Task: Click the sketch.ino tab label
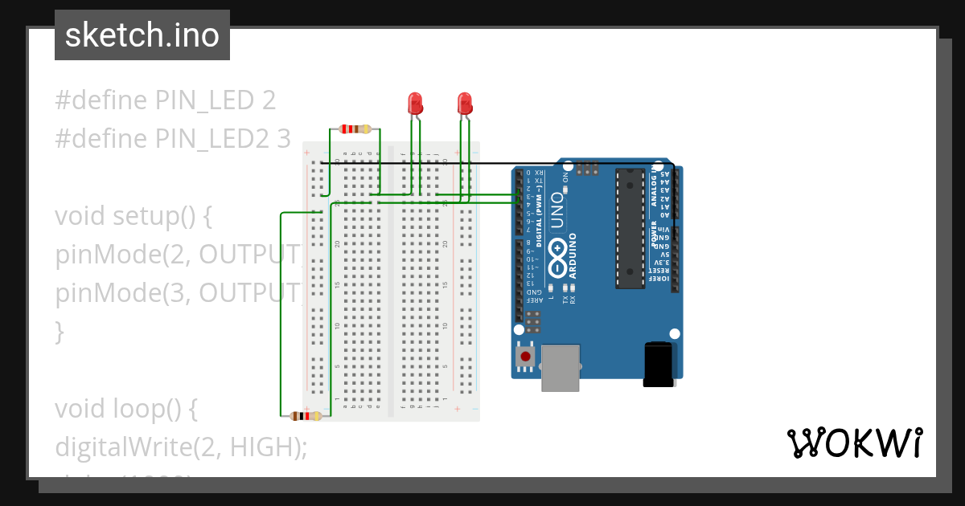(142, 35)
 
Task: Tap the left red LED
(415, 103)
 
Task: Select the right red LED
(464, 103)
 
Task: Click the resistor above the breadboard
(355, 129)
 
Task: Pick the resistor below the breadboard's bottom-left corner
(306, 416)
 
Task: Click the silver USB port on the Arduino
(560, 368)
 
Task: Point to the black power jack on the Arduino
(658, 364)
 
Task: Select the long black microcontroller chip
(630, 227)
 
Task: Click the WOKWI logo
(854, 443)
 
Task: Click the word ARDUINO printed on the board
(573, 255)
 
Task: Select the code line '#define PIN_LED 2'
(166, 100)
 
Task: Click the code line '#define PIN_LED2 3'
(173, 138)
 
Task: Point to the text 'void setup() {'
(133, 216)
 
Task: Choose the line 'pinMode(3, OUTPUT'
(177, 293)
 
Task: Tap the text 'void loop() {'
(125, 409)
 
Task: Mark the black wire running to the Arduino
(499, 163)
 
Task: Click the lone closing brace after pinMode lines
(59, 331)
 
